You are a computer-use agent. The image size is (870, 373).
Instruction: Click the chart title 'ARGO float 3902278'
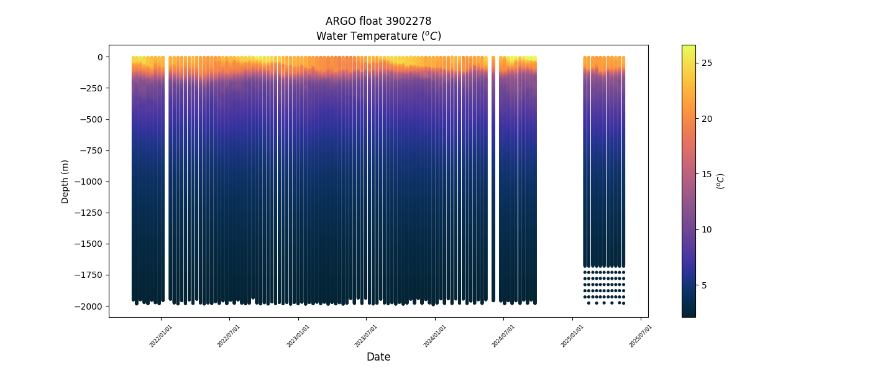pyautogui.click(x=378, y=21)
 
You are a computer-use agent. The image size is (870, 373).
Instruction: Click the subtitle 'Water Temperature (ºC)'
pyautogui.click(x=378, y=36)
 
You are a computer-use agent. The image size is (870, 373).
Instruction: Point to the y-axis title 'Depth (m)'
pyautogui.click(x=65, y=181)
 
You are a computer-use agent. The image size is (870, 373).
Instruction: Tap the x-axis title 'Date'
pyautogui.click(x=378, y=357)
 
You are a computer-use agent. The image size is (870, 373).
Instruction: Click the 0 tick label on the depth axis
pyautogui.click(x=98, y=57)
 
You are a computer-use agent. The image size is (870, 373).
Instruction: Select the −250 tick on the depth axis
pyautogui.click(x=91, y=88)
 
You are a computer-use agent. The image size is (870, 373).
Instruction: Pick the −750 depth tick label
pyautogui.click(x=91, y=150)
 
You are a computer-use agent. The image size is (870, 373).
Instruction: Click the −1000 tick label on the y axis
pyautogui.click(x=89, y=182)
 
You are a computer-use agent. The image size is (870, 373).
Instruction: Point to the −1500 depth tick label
pyautogui.click(x=89, y=244)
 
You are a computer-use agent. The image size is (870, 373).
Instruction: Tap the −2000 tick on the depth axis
pyautogui.click(x=89, y=306)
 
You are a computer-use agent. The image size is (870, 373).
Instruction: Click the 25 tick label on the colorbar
pyautogui.click(x=707, y=63)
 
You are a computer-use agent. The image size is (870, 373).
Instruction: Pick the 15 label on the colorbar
pyautogui.click(x=707, y=174)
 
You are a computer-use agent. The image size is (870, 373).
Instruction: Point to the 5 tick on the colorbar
pyautogui.click(x=705, y=285)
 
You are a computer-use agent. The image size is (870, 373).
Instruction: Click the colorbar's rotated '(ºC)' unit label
pyautogui.click(x=721, y=181)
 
